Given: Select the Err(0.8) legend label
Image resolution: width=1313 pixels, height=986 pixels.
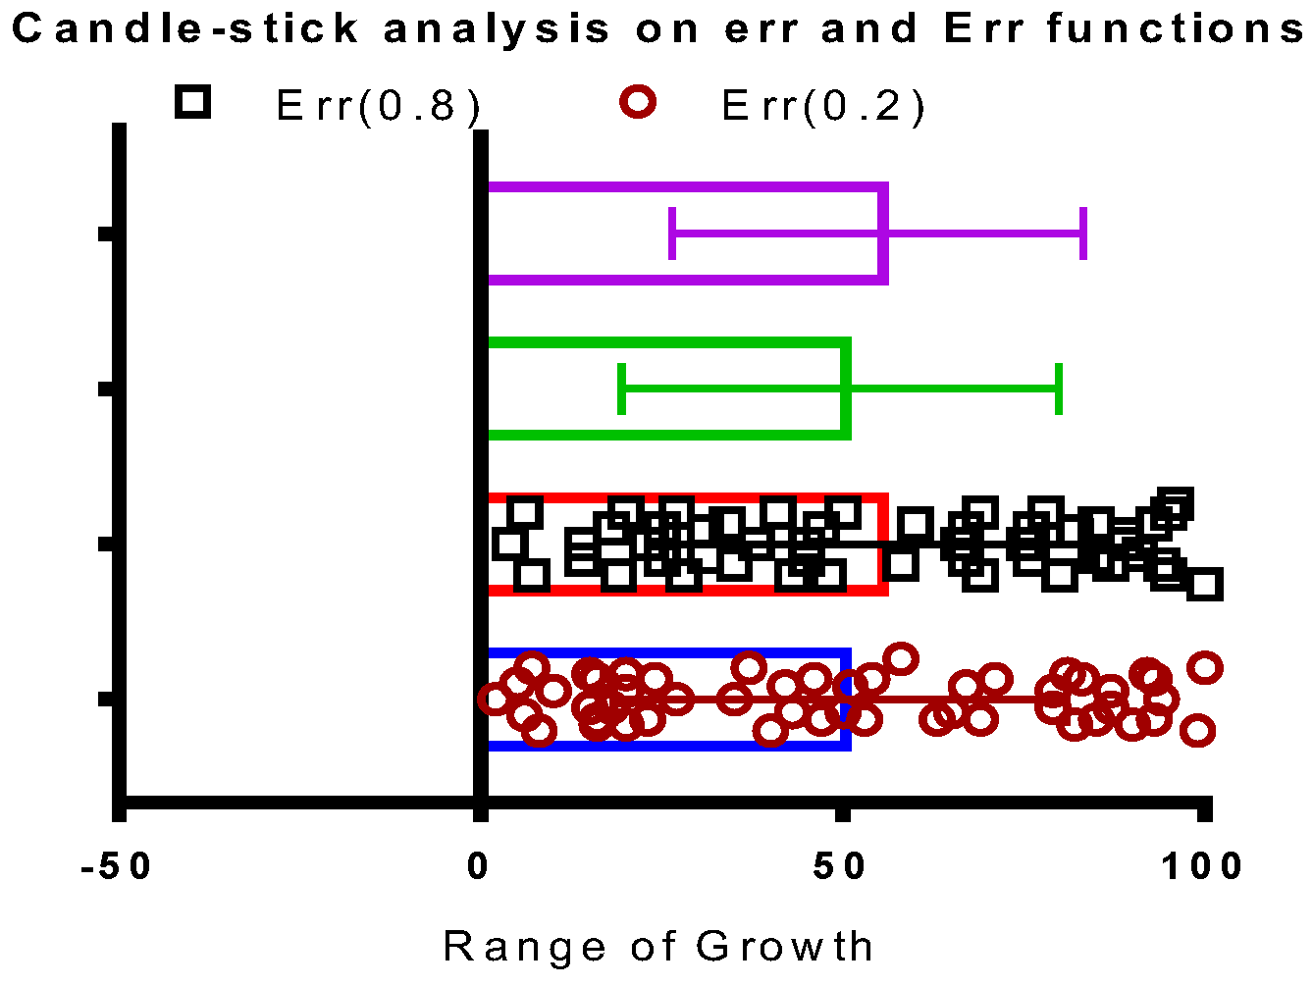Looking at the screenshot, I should click(x=379, y=106).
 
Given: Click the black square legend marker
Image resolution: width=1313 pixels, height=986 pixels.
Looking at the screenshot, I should click(x=193, y=102).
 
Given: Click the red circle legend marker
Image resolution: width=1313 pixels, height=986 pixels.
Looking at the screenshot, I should click(x=639, y=102).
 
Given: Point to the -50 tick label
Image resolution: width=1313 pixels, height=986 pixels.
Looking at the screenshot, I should click(x=118, y=866).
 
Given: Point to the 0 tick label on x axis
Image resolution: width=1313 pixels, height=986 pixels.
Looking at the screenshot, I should click(x=479, y=866).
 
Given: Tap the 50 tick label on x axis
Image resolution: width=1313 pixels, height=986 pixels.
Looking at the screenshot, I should click(x=841, y=866).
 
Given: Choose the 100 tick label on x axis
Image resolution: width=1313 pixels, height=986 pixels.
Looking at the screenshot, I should click(x=1202, y=866).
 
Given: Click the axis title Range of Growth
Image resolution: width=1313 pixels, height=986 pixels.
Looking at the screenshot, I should click(x=658, y=947).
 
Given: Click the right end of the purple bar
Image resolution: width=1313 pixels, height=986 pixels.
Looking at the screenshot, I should click(x=884, y=234).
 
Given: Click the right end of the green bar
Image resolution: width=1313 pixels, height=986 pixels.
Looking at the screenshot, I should click(x=846, y=389).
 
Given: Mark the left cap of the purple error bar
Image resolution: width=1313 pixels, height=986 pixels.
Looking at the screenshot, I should click(x=672, y=234).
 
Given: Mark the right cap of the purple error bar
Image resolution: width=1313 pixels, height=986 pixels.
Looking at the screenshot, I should click(x=1083, y=234).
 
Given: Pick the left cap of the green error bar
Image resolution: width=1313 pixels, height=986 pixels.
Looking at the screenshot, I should click(x=622, y=389).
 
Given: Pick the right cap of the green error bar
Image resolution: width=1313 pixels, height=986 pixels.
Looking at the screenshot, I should click(x=1059, y=389).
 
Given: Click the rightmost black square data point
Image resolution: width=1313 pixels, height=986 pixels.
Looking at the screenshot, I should click(x=1205, y=586).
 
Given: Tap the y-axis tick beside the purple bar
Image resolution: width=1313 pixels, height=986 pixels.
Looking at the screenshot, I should click(x=107, y=234).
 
